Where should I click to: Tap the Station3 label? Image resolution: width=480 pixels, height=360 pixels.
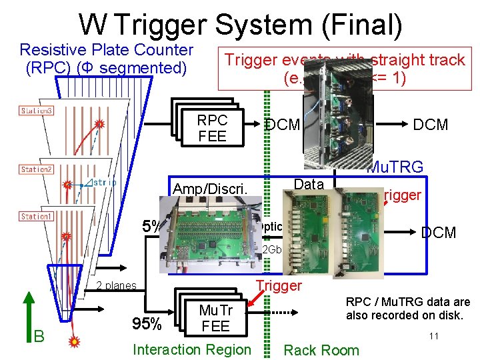(37, 110)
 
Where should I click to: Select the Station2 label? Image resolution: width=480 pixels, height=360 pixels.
(36, 169)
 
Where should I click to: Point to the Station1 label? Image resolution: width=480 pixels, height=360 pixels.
(36, 217)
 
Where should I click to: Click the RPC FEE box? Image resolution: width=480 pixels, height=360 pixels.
(212, 129)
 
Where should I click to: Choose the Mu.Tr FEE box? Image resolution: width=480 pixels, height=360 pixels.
(215, 318)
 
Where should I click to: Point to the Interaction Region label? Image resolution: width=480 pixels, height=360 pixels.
(192, 349)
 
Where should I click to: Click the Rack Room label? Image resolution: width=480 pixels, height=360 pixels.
(321, 350)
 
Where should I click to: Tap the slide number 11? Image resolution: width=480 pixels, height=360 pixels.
(433, 336)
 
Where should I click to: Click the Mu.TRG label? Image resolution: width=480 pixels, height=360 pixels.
(395, 167)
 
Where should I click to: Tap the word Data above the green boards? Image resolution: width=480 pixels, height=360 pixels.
(309, 184)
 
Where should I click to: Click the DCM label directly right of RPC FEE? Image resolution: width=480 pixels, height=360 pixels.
(282, 125)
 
